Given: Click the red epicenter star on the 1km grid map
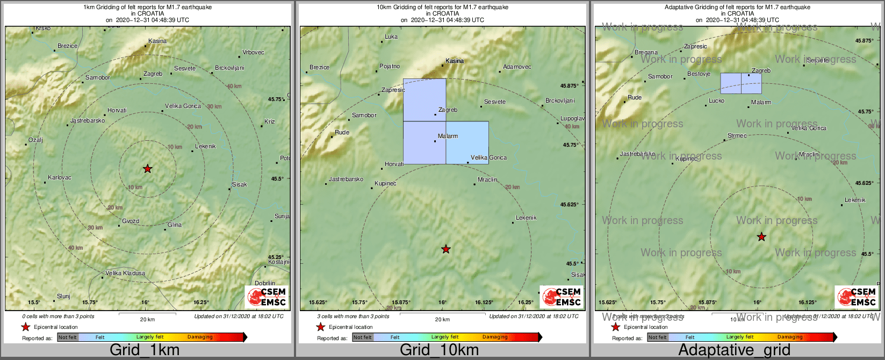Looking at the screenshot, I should (147, 169).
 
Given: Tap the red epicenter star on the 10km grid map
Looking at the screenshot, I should (445, 249).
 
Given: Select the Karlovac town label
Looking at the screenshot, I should (59, 177).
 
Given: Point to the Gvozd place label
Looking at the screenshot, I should (130, 221).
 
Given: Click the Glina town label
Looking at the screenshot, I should (174, 225).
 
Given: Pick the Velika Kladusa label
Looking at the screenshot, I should (125, 273).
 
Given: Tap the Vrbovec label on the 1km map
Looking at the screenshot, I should (253, 52).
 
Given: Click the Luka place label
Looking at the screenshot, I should (391, 37).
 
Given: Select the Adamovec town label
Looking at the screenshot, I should (517, 67).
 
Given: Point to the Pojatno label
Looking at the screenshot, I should (390, 66).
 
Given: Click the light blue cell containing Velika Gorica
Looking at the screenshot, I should (467, 142).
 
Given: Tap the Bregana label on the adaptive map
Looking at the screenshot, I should (646, 52).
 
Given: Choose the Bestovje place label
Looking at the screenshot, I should (699, 74).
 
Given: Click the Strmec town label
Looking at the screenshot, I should (737, 135).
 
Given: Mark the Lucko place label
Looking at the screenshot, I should (716, 100).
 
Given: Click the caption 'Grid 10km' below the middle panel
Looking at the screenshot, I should (439, 350).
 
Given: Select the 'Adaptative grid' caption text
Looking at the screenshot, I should (734, 350).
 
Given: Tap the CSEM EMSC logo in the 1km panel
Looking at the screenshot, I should (267, 297).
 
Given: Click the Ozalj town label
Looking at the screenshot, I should (35, 140).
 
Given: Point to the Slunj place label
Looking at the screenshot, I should (63, 296).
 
